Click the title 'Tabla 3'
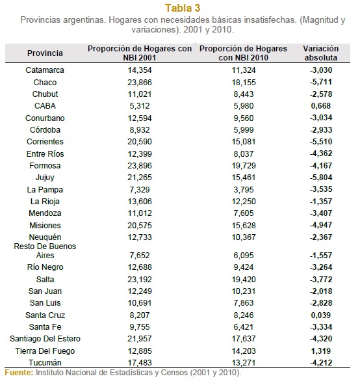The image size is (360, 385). [x=183, y=8]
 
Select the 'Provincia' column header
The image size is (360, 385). [x=45, y=53]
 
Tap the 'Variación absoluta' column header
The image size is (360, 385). [x=321, y=53]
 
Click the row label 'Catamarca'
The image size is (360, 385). [x=45, y=70]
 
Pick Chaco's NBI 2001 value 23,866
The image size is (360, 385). [x=140, y=82]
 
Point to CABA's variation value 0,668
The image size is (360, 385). [x=321, y=106]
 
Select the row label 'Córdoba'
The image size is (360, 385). [x=45, y=129]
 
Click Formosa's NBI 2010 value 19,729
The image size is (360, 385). [x=244, y=166]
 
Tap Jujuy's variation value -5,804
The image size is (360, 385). [x=321, y=178]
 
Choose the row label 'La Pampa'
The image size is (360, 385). [x=45, y=189]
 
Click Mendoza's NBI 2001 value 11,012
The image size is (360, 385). [x=140, y=213]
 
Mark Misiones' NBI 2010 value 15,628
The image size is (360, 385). [x=244, y=226]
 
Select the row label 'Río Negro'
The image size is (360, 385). [x=45, y=267]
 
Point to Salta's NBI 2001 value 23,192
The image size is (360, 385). [x=140, y=280]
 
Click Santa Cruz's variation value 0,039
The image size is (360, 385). [x=321, y=315]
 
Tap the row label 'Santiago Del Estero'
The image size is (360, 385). [x=45, y=339]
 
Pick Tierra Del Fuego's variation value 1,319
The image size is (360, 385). [x=321, y=351]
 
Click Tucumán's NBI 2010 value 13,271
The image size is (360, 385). [x=244, y=363]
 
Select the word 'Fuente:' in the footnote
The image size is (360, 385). [x=19, y=373]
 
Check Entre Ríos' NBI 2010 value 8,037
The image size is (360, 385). [x=244, y=154]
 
